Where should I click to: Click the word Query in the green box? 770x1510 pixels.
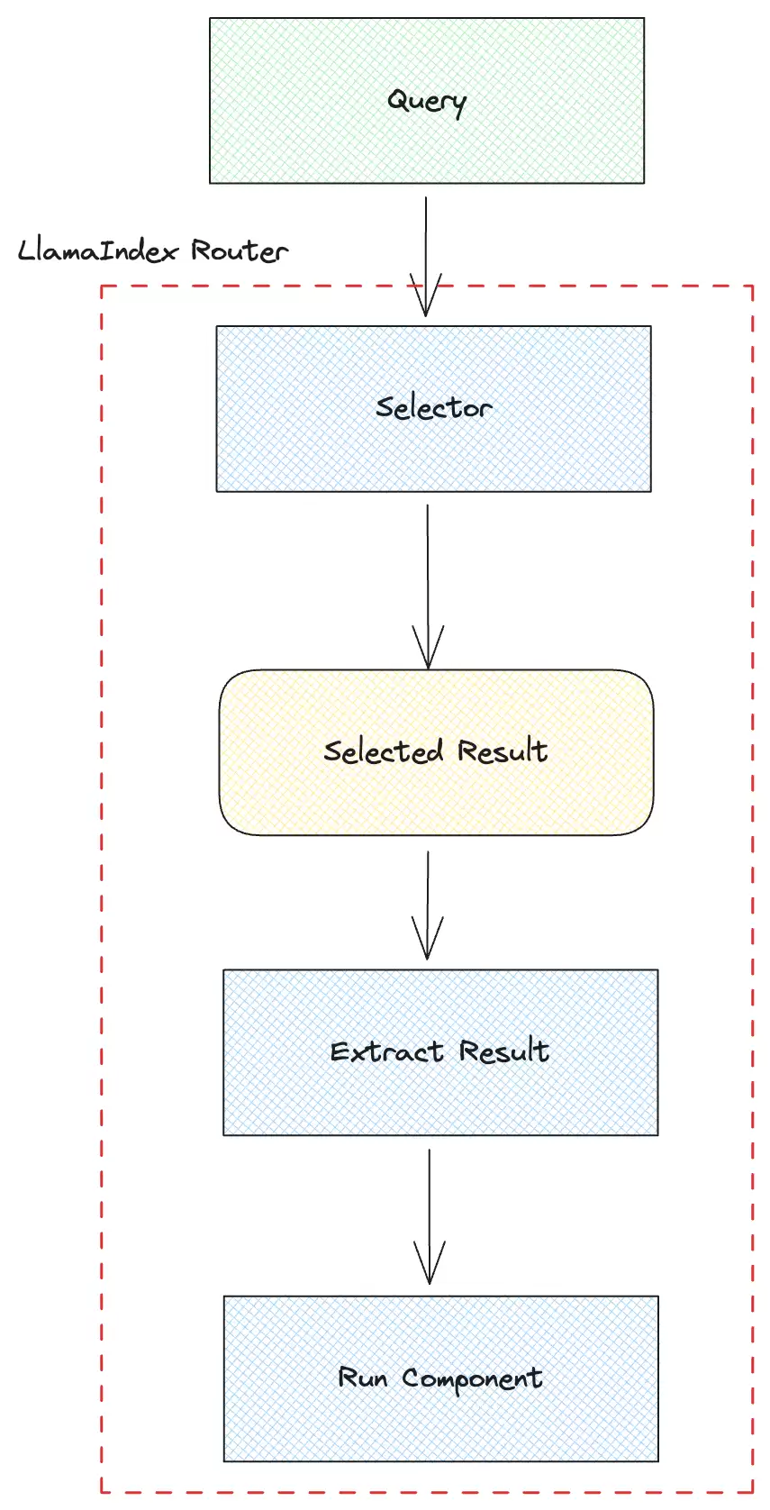coord(427,102)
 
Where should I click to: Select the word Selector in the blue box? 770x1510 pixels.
coord(434,407)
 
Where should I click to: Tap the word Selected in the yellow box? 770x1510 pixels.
coord(384,751)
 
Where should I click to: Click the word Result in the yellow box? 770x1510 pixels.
coord(503,750)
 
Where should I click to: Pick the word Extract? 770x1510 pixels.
coord(386,1051)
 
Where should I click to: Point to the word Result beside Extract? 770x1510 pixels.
coord(504,1051)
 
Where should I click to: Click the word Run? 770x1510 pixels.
coord(362,1378)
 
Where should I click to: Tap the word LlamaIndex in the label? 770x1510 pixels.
coord(98,250)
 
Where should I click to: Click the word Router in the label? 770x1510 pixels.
coord(240,250)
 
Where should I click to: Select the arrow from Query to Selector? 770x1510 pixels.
coord(426,256)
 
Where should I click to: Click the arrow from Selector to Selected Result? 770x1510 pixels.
coord(428,587)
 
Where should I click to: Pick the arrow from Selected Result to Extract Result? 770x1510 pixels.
coord(428,905)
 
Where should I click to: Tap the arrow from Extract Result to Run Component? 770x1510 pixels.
coord(429,1216)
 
